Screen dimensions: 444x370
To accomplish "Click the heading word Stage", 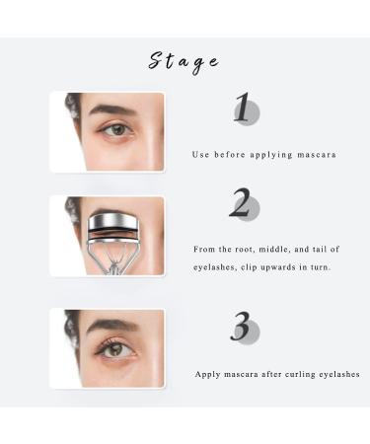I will (x=184, y=61).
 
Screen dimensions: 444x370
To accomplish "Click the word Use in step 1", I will (x=200, y=155).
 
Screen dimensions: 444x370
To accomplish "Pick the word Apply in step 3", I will (x=208, y=374).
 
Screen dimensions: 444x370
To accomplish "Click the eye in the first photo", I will (x=117, y=129).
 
